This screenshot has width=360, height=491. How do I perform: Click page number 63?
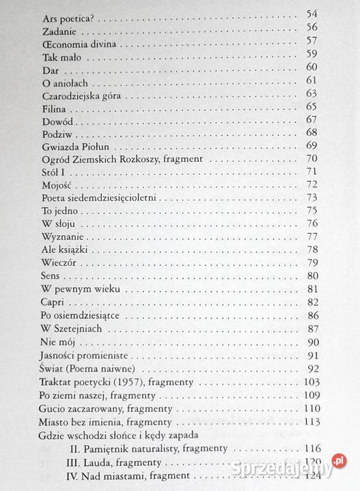click(313, 94)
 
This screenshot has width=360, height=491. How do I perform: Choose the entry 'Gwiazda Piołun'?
click(76, 146)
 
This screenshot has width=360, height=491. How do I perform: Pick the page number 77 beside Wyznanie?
click(313, 237)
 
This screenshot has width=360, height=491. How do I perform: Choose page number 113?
click(311, 422)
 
